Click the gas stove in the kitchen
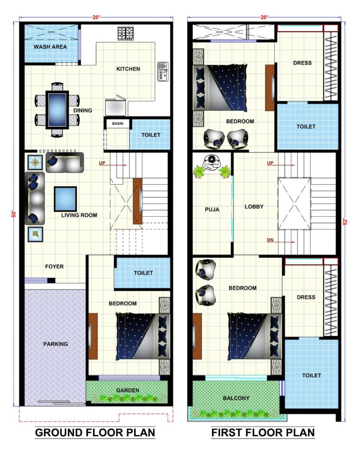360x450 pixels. tap(125, 33)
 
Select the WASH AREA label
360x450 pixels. tap(50, 47)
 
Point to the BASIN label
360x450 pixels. tap(118, 123)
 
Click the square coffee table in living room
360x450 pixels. tap(65, 199)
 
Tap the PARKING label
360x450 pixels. tap(55, 344)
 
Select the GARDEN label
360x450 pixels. tap(128, 390)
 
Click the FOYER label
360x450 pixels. tap(54, 267)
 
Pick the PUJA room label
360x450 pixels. tap(212, 210)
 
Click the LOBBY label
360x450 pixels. tap(254, 207)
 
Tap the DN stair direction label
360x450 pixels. tap(270, 240)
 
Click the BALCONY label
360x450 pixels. tap(236, 398)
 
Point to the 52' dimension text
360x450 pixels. tap(345, 221)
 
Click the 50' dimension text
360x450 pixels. tap(14, 214)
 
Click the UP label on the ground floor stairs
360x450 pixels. tap(102, 163)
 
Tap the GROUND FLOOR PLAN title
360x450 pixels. tap(95, 432)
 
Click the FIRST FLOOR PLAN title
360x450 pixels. tap(263, 432)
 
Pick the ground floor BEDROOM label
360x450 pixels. tap(123, 304)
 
